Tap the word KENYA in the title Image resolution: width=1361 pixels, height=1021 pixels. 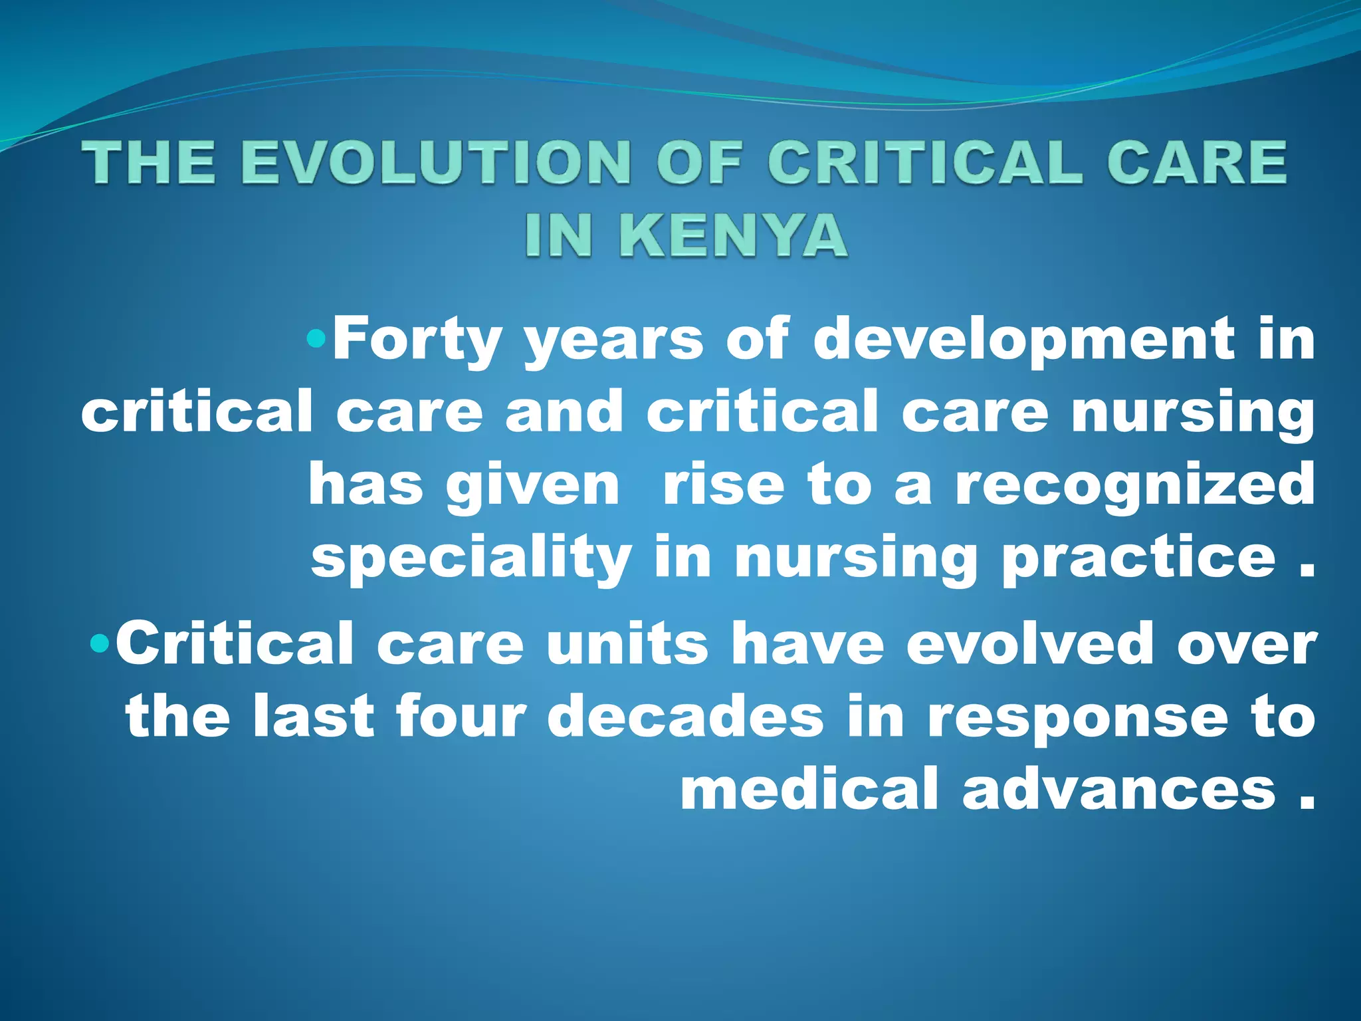tap(734, 235)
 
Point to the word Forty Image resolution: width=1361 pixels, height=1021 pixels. tap(416, 339)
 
